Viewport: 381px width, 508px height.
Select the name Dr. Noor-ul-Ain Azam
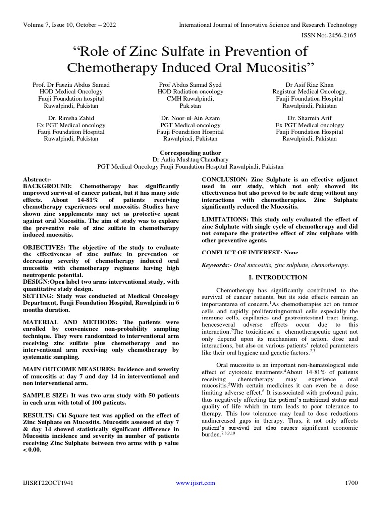click(x=190, y=118)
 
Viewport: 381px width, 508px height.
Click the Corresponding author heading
click(x=190, y=153)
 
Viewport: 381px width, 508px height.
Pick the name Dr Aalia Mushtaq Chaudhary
click(x=190, y=160)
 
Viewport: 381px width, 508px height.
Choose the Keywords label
click(x=217, y=265)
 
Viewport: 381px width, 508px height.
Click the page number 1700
click(x=350, y=483)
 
